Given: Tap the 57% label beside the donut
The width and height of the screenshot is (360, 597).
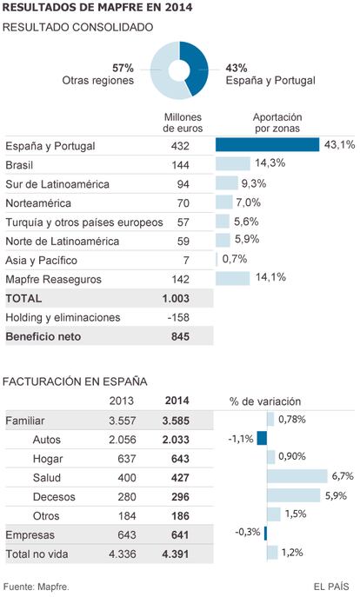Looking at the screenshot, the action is tap(123, 68).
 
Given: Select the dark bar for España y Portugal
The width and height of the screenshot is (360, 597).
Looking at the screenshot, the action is tap(267, 144).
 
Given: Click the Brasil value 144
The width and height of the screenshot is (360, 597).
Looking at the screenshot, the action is tap(180, 165).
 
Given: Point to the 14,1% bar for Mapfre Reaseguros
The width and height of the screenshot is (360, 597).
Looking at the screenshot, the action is tap(232, 278).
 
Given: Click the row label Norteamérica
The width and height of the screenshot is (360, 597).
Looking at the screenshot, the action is tap(38, 203).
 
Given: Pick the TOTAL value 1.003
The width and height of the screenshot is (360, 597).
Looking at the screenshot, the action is tap(176, 298).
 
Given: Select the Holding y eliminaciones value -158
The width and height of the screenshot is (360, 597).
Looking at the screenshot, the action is tap(178, 317).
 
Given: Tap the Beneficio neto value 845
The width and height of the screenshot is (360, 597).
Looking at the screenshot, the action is tap(180, 336).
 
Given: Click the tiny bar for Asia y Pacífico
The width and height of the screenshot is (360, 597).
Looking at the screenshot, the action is tap(217, 260).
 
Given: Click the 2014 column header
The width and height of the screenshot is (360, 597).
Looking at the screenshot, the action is tap(177, 401).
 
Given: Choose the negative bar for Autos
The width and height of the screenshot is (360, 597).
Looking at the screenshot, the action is tap(262, 438).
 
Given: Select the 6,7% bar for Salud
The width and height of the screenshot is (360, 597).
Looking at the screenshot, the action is tap(297, 476).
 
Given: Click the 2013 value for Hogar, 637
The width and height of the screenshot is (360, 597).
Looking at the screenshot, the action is tap(127, 459).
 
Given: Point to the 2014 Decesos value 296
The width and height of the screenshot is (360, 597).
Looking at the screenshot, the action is tap(180, 496).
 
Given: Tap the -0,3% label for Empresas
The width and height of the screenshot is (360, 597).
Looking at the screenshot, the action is tap(248, 532).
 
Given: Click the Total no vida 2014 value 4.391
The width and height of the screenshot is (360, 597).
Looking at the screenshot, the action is tap(176, 554).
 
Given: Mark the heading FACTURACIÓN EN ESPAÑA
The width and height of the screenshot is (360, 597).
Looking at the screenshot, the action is tap(75, 381).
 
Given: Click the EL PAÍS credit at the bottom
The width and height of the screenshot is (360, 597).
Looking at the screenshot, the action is tap(331, 587).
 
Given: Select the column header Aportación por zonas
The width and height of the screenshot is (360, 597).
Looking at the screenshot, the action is tap(277, 123).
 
